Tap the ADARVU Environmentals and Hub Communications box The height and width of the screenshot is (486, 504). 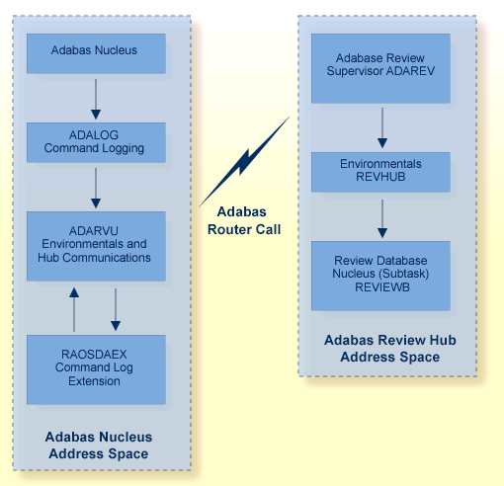coord(96,246)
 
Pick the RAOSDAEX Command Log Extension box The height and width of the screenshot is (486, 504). coord(96,368)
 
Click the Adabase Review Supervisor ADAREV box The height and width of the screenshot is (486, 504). coord(381,67)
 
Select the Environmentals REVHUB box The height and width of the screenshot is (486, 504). coord(381,171)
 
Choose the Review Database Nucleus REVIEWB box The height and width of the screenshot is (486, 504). coord(381,275)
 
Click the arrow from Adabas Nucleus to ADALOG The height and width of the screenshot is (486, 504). coord(96,98)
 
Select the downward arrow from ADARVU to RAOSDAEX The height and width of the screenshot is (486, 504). coord(116,309)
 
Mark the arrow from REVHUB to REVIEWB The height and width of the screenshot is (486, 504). coord(381,216)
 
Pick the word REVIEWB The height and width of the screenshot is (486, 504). coord(381,290)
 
